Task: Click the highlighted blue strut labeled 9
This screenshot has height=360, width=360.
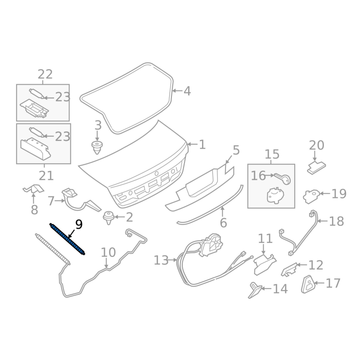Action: (x=67, y=239)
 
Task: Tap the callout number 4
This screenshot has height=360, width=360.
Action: (x=187, y=91)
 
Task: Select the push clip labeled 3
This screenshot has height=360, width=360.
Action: (x=97, y=148)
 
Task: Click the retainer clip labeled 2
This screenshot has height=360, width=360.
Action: (x=108, y=218)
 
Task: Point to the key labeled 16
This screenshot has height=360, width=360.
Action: (x=283, y=178)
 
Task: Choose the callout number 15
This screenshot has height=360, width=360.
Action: (x=272, y=154)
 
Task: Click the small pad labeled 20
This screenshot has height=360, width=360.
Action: (x=316, y=167)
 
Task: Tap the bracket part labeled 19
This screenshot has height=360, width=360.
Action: (x=311, y=196)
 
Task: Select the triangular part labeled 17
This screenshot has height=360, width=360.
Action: (x=308, y=284)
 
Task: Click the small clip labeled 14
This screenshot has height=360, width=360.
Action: (x=255, y=290)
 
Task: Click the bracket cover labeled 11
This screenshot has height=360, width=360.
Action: (x=265, y=264)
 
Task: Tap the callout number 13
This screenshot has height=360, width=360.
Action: (x=161, y=261)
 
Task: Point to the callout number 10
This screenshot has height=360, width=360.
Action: (x=108, y=252)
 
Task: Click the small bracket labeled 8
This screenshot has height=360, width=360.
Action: (x=33, y=189)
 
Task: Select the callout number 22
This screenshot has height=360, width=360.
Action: (x=45, y=74)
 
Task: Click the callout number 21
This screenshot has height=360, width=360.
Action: (x=46, y=176)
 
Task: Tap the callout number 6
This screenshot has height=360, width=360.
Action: (x=223, y=222)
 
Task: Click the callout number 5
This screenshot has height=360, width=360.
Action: (x=236, y=150)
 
